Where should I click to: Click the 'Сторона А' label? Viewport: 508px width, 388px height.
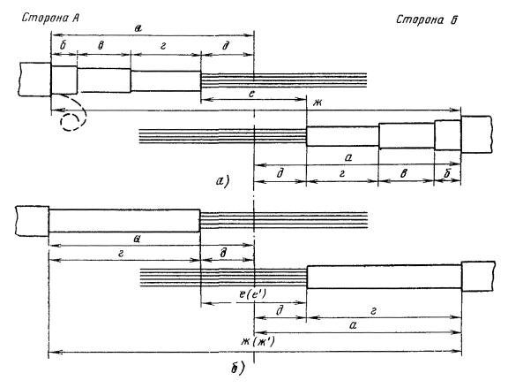[x=50, y=18]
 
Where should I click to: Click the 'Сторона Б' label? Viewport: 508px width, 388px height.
[x=427, y=19]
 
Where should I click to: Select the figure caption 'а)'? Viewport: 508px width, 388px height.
[x=222, y=180]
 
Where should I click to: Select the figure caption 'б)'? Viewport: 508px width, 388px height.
[x=238, y=368]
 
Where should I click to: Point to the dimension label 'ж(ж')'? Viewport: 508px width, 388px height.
[x=258, y=341]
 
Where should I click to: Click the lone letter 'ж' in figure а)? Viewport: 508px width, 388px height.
[x=317, y=103]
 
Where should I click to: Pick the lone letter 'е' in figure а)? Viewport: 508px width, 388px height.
[x=251, y=93]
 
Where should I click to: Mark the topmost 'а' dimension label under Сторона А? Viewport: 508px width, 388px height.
[x=138, y=28]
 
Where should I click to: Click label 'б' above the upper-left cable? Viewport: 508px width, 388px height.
[x=63, y=45]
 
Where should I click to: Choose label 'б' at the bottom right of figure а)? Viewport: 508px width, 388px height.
[x=447, y=173]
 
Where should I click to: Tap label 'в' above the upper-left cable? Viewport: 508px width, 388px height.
[x=101, y=46]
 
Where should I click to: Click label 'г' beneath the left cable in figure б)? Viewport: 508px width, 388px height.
[x=121, y=254]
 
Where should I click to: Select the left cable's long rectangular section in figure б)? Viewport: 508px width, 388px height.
[x=124, y=220]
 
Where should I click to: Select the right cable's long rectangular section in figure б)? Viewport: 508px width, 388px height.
[x=384, y=277]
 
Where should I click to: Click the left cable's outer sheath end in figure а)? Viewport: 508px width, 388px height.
[x=34, y=79]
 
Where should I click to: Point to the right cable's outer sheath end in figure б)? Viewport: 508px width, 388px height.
[x=478, y=276]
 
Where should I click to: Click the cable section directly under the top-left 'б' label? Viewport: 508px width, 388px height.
[x=64, y=80]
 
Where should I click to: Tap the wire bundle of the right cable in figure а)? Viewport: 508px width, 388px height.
[x=223, y=136]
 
